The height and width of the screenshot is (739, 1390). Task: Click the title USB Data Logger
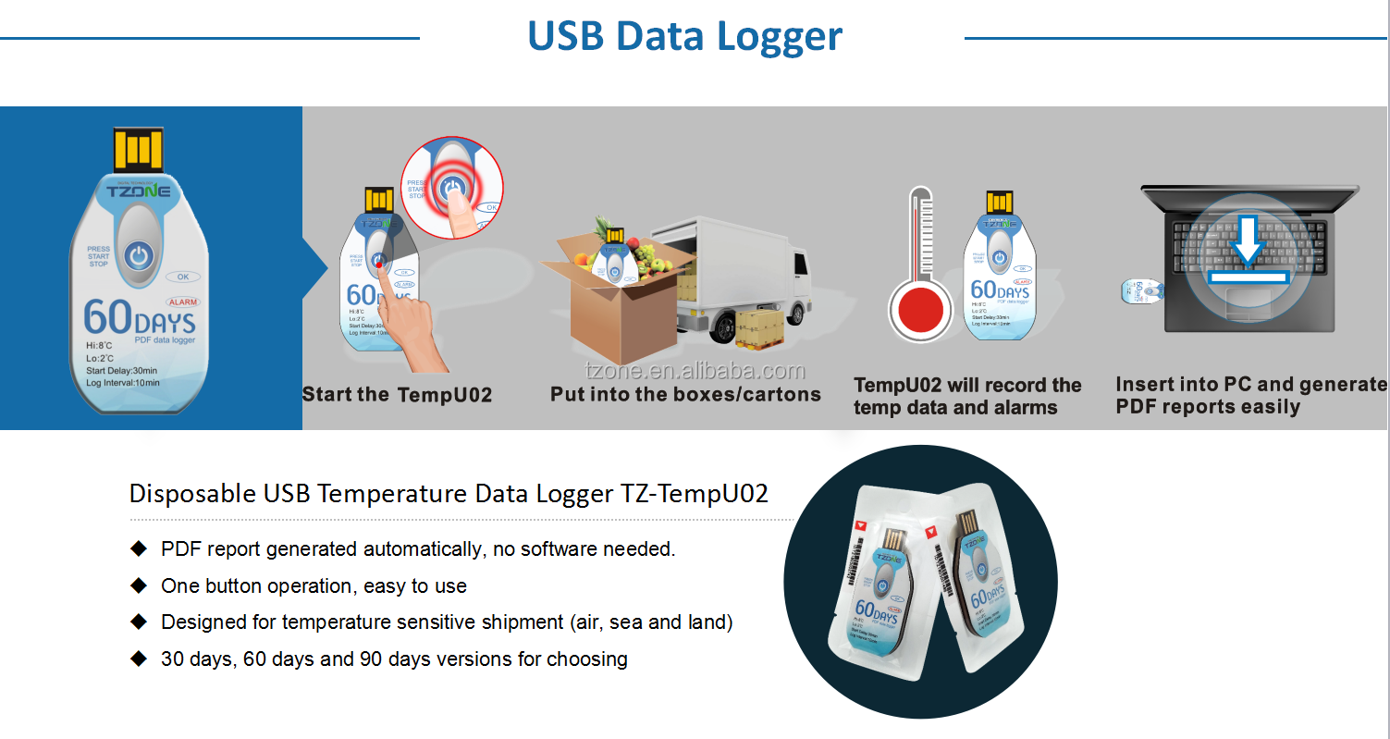point(684,36)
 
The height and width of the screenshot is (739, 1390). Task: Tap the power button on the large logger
point(138,256)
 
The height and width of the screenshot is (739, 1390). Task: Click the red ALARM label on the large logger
point(182,302)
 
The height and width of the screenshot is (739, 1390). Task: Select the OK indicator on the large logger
point(182,277)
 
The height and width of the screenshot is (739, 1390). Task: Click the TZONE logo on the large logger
point(138,191)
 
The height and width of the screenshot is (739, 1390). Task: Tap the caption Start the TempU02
point(397,395)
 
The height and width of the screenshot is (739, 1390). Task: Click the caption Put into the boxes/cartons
point(685,395)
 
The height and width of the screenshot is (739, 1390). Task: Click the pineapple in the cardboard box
point(603,231)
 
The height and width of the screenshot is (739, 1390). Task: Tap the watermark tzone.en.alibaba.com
point(695,372)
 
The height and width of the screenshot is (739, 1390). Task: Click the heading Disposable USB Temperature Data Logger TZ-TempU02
point(449,493)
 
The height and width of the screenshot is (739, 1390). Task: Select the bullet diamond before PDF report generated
point(139,548)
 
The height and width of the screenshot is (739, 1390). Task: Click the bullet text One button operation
point(314,585)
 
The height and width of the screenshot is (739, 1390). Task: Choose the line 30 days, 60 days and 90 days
point(394,659)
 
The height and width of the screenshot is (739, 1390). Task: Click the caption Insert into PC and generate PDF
point(1250,396)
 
